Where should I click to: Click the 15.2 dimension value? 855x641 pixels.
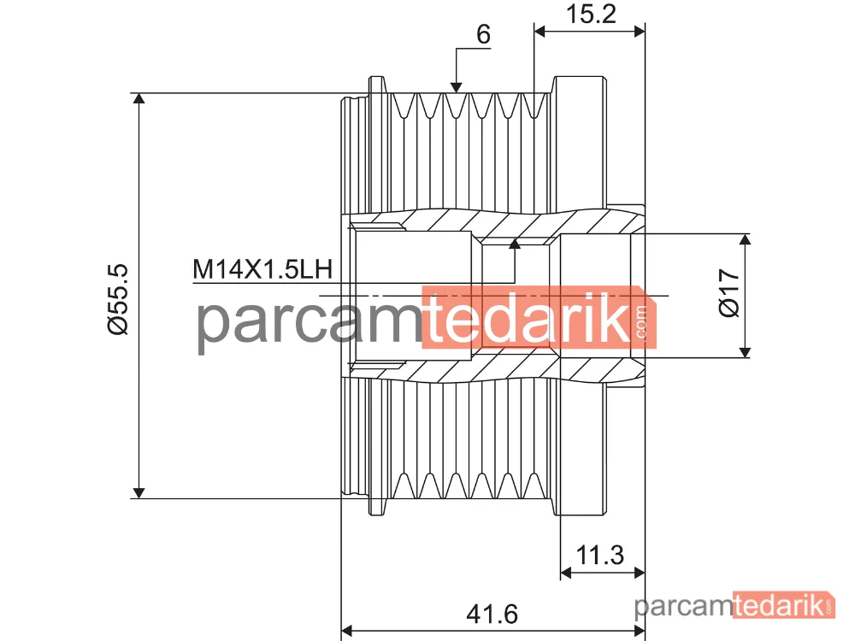(x=591, y=14)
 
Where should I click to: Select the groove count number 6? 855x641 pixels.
(x=483, y=34)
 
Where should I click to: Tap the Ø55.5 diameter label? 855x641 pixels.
(x=118, y=298)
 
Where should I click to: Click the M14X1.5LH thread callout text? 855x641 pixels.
(x=262, y=269)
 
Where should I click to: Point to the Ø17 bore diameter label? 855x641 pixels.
(x=729, y=292)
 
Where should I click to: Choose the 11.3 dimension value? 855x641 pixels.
(x=600, y=556)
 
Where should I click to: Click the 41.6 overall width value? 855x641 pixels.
(x=492, y=615)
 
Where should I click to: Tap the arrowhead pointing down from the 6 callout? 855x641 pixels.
(x=457, y=88)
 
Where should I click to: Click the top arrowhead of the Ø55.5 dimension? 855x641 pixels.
(x=139, y=98)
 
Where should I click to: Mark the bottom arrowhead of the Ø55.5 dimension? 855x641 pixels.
(x=139, y=493)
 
